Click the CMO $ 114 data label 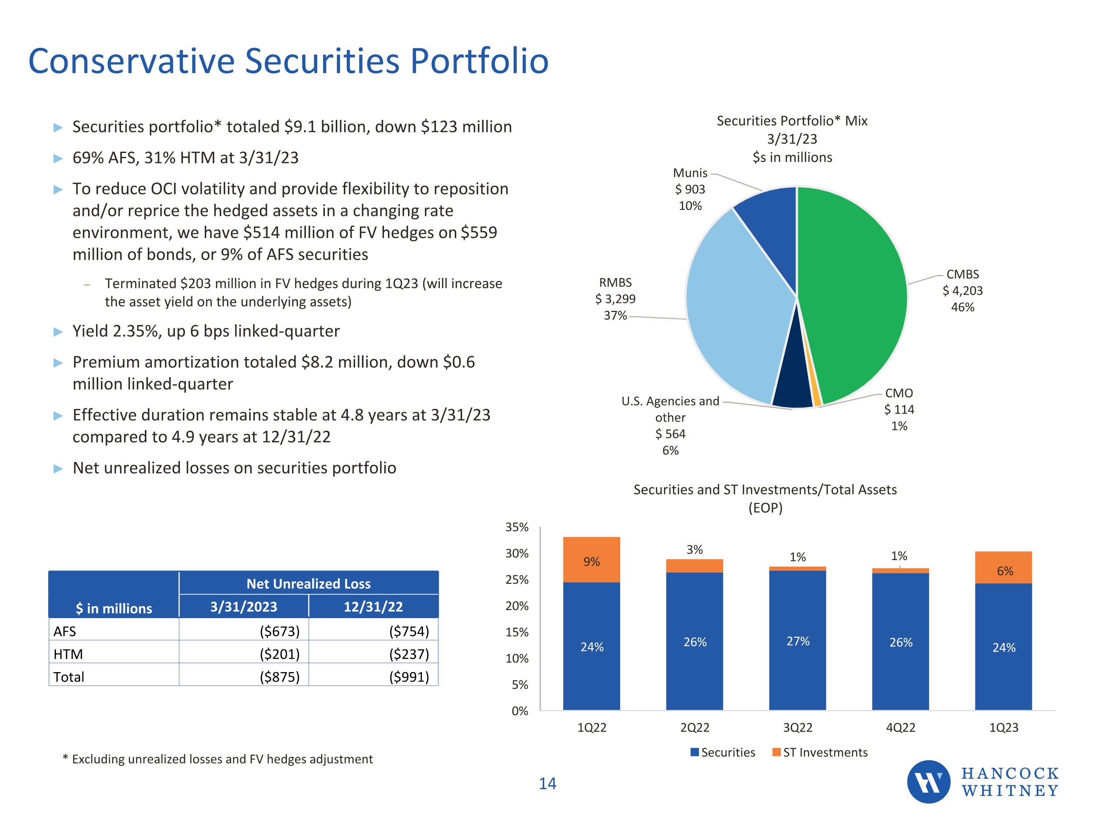pos(899,409)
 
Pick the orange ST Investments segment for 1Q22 pos(592,560)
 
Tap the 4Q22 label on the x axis pos(900,728)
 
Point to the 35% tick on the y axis pos(517,528)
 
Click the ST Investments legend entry pos(820,752)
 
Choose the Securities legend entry pos(723,752)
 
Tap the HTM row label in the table pos(68,654)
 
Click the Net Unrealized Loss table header pos(308,584)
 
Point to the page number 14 pos(547,783)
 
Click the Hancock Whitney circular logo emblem pos(928,782)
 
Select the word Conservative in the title pos(131,61)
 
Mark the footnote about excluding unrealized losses pos(218,759)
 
